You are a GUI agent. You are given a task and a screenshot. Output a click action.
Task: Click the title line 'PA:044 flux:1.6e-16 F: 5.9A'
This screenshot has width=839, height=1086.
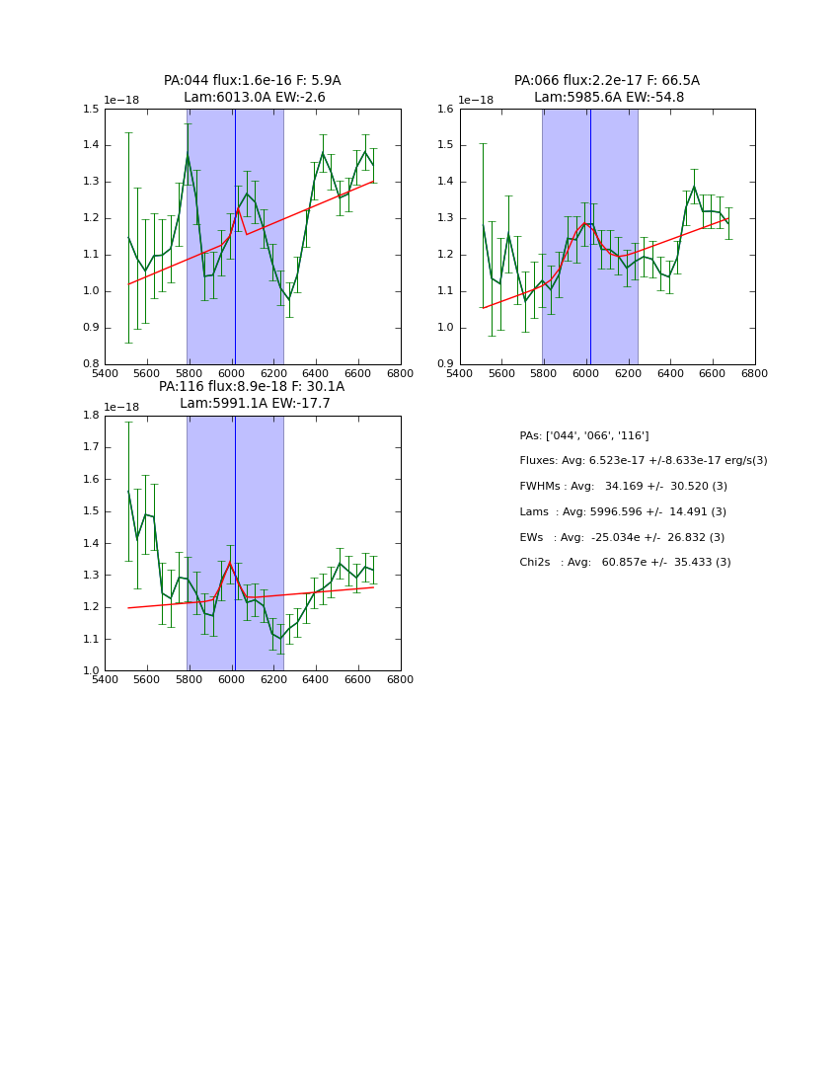pyautogui.click(x=252, y=81)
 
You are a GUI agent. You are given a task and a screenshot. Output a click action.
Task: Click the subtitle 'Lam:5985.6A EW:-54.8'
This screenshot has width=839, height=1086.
pyautogui.click(x=608, y=98)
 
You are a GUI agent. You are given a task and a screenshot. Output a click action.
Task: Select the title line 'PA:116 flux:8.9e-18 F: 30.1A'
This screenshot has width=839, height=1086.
pyautogui.click(x=252, y=387)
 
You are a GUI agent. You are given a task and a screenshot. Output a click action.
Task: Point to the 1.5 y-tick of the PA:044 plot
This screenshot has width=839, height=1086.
pyautogui.click(x=90, y=110)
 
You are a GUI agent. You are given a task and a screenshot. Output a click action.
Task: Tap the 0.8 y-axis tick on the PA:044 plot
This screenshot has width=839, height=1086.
pyautogui.click(x=90, y=364)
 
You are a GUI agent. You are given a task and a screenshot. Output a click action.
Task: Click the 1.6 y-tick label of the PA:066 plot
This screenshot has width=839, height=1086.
pyautogui.click(x=445, y=110)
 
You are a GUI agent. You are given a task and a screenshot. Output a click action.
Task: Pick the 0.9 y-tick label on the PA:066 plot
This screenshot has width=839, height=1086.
pyautogui.click(x=445, y=364)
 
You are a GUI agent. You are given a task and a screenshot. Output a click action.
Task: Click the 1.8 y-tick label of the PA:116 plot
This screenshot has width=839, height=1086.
pyautogui.click(x=90, y=416)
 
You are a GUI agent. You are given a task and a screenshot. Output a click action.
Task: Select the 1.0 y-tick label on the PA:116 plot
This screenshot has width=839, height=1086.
pyautogui.click(x=90, y=671)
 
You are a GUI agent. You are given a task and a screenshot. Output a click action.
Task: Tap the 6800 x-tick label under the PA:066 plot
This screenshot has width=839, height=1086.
pyautogui.click(x=755, y=374)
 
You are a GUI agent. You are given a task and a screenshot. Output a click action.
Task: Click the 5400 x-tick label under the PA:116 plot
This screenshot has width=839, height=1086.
pyautogui.click(x=105, y=681)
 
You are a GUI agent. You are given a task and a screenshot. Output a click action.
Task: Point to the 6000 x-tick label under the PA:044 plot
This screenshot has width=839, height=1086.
pyautogui.click(x=232, y=374)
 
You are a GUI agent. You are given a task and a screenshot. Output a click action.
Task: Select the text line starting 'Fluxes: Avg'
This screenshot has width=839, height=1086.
pyautogui.click(x=643, y=461)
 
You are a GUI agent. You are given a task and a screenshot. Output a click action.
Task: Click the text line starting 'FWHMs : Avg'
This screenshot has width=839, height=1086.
pyautogui.click(x=623, y=487)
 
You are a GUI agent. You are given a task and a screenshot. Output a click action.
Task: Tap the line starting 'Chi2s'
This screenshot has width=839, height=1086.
pyautogui.click(x=625, y=563)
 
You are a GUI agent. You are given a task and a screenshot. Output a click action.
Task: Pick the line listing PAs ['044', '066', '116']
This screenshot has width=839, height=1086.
pyautogui.click(x=583, y=436)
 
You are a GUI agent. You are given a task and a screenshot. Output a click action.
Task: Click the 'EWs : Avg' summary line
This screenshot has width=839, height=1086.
pyautogui.click(x=622, y=538)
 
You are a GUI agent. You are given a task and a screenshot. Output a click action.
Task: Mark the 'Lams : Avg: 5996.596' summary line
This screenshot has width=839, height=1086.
pyautogui.click(x=623, y=512)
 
